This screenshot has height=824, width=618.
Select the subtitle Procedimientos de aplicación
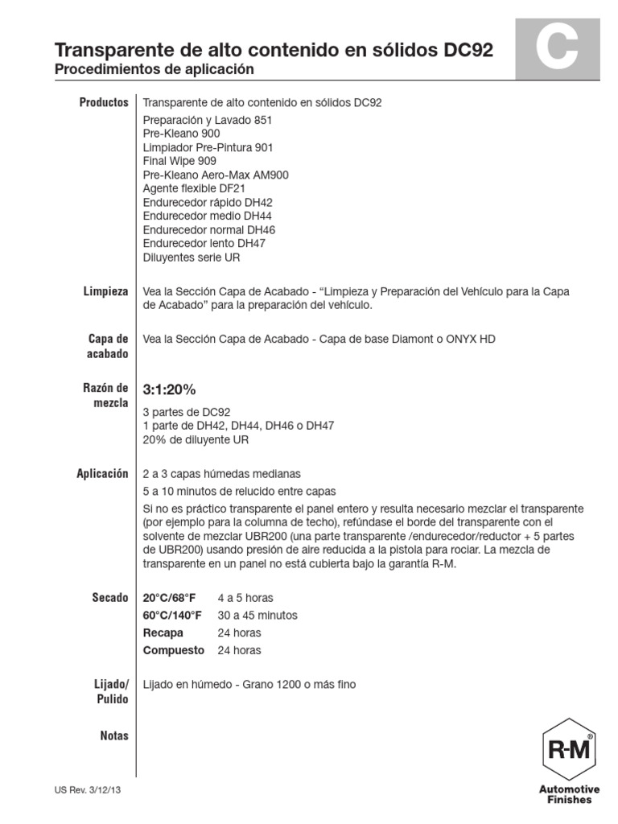coord(154,70)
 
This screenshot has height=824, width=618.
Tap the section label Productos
coord(104,103)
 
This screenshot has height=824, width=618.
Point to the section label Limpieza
coord(105,291)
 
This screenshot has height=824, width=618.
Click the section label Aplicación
coord(102,474)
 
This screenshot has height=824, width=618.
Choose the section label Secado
coord(109,598)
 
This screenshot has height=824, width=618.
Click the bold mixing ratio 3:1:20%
coord(169,389)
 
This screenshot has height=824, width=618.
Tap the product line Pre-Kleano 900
coord(181,134)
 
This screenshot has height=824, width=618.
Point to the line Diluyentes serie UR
coord(191,257)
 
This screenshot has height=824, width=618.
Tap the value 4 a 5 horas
coord(245,598)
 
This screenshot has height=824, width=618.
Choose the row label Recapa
coord(163,632)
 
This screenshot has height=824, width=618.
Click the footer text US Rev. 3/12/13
coord(88,791)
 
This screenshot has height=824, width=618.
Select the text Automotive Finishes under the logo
coord(569,793)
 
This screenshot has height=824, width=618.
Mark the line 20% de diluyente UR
coord(196,439)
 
